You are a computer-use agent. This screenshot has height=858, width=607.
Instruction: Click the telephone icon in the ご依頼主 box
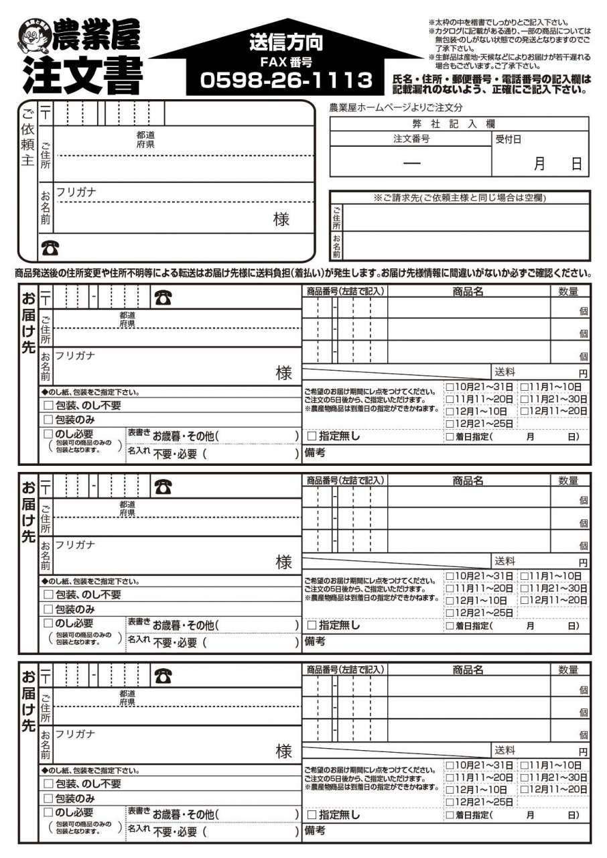pos(50,249)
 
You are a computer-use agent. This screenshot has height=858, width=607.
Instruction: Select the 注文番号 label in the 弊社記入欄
pos(411,139)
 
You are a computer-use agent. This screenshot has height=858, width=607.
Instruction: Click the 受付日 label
pos(508,139)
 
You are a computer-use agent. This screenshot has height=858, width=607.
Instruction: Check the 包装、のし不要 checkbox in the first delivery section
pos(48,406)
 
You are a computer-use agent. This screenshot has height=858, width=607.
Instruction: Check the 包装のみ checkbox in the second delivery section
pos(48,609)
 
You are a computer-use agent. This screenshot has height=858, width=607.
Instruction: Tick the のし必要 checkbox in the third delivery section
pos(48,812)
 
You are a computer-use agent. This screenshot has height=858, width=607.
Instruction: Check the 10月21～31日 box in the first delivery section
pos(450,387)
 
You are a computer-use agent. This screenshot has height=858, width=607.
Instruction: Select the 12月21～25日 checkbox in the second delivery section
pos(450,613)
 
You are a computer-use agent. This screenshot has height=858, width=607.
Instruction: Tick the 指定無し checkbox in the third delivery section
pos(312,815)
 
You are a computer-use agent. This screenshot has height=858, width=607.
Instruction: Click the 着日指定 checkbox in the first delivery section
pos(450,437)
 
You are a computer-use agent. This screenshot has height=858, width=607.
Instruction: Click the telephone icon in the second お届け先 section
pos(162,487)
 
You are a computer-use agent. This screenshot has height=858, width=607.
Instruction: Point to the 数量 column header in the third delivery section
pos(568,670)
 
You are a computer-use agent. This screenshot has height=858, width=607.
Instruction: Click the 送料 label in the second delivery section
pos(504,561)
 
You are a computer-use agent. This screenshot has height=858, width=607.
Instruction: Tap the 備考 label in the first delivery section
pos(315,452)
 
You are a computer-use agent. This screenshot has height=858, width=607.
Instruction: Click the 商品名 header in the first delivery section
pos(468,292)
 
